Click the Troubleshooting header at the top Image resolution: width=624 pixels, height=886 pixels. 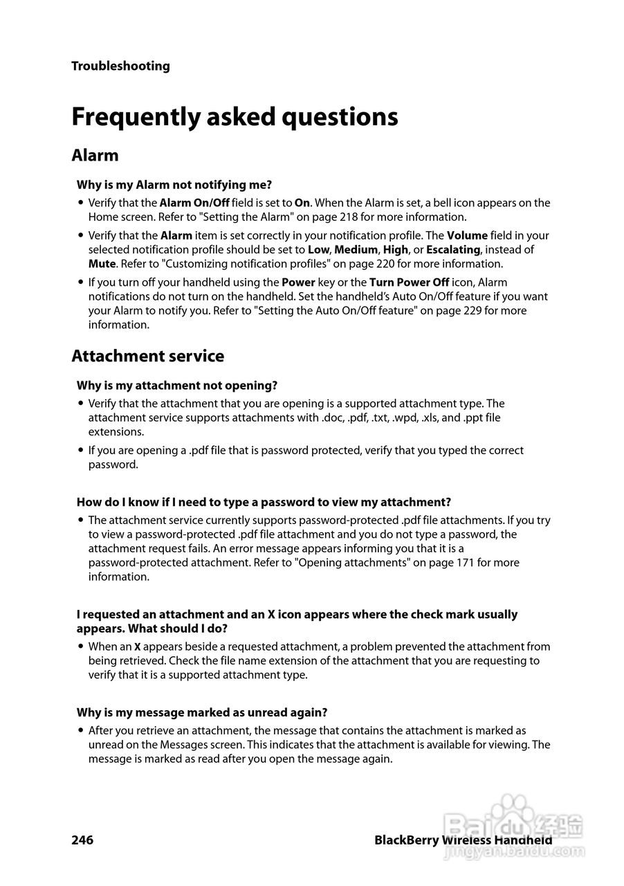120,66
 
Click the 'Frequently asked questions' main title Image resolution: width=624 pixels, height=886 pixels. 235,117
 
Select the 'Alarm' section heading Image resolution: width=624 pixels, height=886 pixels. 95,155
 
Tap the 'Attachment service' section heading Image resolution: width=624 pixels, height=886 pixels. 147,356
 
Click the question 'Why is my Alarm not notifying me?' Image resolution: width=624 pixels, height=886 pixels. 174,185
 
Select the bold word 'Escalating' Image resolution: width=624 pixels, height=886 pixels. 453,250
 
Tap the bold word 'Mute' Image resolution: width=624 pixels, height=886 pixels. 102,264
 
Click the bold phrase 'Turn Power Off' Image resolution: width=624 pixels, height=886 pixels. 409,282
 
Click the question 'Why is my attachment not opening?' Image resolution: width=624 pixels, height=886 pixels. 177,386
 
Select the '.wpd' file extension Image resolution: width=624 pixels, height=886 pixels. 399,418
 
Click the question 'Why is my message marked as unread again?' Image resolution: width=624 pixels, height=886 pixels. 202,712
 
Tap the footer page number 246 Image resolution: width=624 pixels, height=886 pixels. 82,840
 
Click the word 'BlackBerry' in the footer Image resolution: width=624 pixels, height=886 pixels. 406,840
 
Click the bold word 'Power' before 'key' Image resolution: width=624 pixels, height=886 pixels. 298,282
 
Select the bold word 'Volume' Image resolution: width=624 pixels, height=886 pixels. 467,236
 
